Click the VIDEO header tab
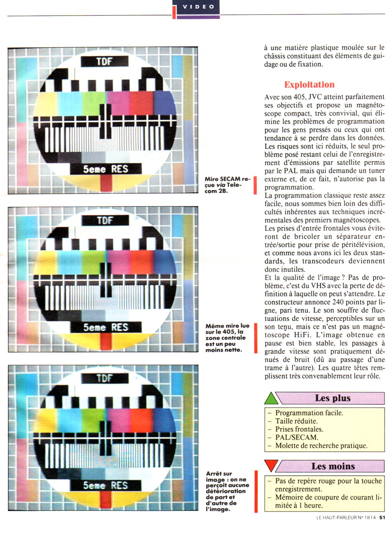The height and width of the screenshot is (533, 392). pos(198,7)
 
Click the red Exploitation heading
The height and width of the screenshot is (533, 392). pos(309,84)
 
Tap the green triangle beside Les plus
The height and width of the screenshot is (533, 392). pos(271,398)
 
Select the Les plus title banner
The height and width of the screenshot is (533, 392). pos(330,398)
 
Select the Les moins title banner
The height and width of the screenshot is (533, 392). pos(330,466)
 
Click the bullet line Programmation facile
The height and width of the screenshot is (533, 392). pos(306,413)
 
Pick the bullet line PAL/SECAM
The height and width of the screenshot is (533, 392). pos(293,437)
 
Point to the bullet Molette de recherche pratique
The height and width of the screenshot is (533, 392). pos(318,445)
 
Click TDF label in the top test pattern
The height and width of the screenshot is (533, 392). pos(104,62)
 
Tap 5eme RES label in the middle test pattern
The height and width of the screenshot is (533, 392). pos(106,327)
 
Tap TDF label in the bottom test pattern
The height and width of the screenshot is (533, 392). pos(105,378)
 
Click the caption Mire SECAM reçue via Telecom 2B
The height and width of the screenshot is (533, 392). pos(226,185)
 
